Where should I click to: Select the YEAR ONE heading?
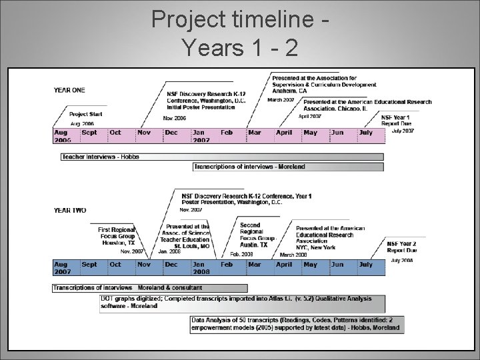[69, 90]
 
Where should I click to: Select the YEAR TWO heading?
[69, 211]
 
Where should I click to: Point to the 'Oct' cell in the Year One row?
[116, 133]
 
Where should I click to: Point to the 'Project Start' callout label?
[86, 115]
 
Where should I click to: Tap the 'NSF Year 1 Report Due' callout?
[397, 121]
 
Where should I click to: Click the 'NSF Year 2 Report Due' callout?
[401, 247]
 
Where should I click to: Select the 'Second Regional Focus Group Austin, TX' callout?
[256, 235]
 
